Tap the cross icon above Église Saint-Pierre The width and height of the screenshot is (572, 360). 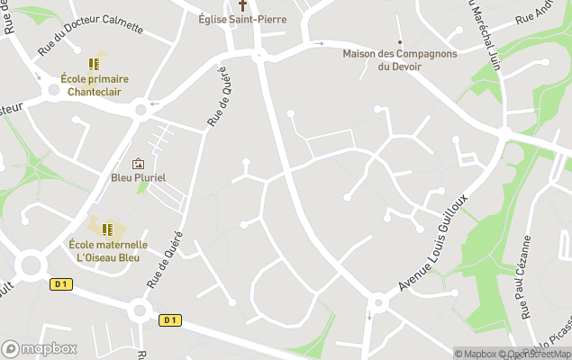point(241,4)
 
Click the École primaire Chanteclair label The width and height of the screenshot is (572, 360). point(94,85)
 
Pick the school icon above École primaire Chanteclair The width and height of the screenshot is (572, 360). point(94,64)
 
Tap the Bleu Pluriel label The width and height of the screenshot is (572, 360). point(138,177)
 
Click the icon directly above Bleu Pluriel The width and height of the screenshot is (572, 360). point(138,164)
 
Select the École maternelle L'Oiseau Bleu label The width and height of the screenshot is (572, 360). point(107,250)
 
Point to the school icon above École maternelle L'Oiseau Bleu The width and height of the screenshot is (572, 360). point(107,230)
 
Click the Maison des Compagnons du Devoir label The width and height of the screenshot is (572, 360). point(400,59)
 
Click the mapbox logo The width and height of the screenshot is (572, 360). point(39,348)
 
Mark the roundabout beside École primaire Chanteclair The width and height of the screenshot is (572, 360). point(141,110)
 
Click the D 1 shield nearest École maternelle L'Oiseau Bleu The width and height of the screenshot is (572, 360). point(60,284)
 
